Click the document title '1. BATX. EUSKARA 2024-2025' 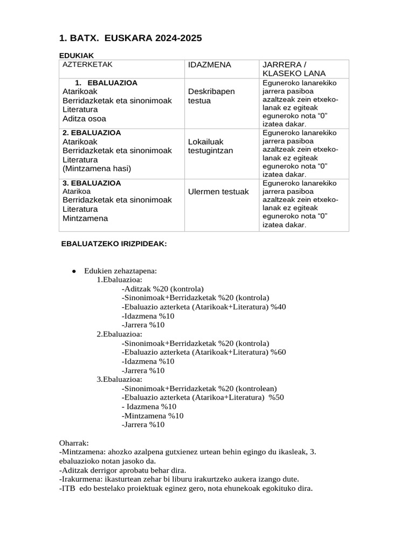pos(130,38)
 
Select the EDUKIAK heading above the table pos(76,55)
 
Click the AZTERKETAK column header pos(87,64)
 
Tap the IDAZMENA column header pos(209,65)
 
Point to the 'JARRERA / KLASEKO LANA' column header pos(293,69)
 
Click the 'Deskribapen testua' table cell pos(211,96)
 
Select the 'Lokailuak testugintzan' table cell pos(210,146)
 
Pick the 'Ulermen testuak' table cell pos(218,192)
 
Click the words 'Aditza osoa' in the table pos(84,119)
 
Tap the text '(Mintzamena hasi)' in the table pos(96,168)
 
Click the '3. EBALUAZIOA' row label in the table pos(92,183)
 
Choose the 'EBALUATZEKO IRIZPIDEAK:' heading pos(115,244)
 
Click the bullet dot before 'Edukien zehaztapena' pos(73,271)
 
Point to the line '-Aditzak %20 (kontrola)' pos(163,289)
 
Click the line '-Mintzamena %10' pos(153,416)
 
